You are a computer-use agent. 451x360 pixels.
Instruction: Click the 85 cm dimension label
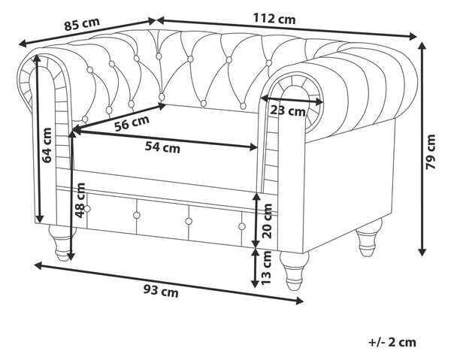82,23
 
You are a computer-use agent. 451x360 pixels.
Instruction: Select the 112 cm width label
274,19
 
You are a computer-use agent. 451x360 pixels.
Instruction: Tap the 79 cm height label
431,151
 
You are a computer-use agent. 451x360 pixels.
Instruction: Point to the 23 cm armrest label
287,110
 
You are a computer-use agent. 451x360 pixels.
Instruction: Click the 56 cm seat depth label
132,123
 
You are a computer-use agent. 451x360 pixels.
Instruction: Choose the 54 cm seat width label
162,147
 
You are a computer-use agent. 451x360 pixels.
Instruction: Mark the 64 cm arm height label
47,145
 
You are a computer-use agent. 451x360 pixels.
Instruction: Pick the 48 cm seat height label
80,200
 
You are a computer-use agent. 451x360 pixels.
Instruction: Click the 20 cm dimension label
267,221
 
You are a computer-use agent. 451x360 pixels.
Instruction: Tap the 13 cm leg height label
266,268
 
